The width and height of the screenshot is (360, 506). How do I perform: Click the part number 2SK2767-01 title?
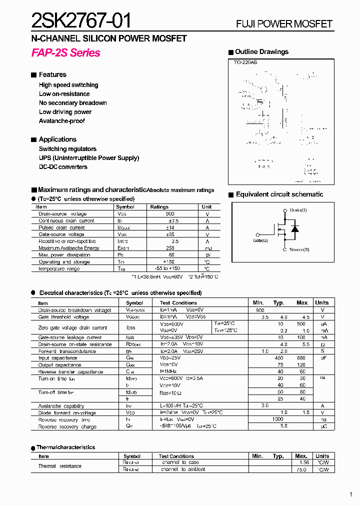point(81,20)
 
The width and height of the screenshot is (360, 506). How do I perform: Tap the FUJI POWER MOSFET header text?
point(284,24)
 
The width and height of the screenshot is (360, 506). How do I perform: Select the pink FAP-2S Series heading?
point(65,53)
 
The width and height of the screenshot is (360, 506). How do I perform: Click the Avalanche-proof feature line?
point(62,121)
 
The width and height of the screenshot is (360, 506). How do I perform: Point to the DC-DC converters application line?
point(63,167)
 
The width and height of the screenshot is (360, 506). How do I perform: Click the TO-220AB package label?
point(245,62)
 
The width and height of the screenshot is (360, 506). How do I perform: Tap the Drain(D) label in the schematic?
point(298,210)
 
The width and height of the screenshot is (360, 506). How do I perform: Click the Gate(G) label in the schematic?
point(260,240)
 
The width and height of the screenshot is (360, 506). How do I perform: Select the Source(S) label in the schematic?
point(299,249)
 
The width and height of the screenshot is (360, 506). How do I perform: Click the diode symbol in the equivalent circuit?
point(295,229)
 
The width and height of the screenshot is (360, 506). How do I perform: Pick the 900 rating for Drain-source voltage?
point(170,213)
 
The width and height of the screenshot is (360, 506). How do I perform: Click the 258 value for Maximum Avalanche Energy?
point(170,248)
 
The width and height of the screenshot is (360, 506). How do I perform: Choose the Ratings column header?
point(159,206)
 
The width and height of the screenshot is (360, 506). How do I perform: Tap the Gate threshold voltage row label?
point(63,317)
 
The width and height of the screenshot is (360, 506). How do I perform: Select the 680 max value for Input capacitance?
point(301,358)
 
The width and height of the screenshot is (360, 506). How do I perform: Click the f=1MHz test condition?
point(170,372)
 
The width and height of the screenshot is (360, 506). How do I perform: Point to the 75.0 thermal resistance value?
point(301,469)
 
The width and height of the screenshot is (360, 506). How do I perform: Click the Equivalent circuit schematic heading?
point(279,194)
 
